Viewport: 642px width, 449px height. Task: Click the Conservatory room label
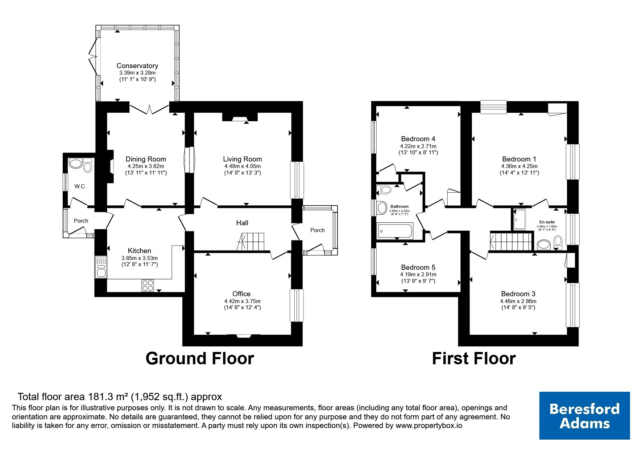click(137, 66)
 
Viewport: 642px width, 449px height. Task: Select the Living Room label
click(242, 159)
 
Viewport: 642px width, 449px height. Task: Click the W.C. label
click(80, 186)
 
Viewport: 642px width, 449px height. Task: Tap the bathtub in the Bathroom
click(395, 231)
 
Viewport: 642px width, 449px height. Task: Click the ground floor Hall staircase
click(251, 242)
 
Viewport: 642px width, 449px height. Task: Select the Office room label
click(241, 294)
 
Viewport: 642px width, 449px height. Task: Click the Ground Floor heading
click(200, 358)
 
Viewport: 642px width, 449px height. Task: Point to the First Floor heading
click(474, 358)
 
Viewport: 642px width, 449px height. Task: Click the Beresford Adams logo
click(584, 416)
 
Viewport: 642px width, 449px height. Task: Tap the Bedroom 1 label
click(519, 159)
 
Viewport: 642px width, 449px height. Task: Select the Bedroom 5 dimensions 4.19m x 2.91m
click(418, 274)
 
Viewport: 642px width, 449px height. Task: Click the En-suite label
click(547, 222)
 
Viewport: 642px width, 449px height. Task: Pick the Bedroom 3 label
click(518, 294)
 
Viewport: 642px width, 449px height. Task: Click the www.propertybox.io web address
click(429, 426)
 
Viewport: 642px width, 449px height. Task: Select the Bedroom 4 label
click(418, 139)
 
